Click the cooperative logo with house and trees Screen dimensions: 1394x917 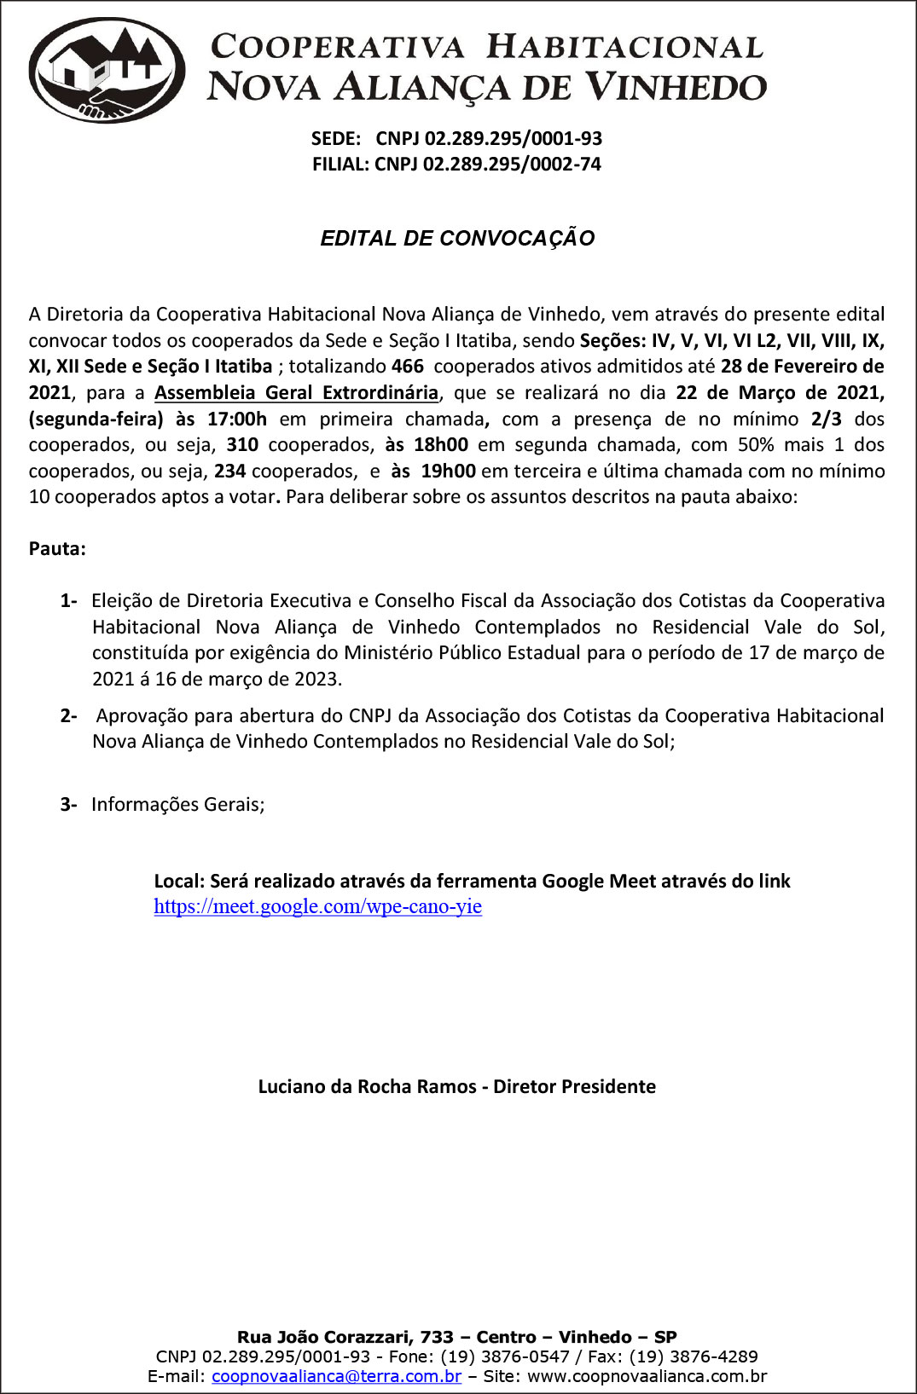tap(107, 70)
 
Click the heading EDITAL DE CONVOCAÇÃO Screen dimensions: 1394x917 tap(457, 239)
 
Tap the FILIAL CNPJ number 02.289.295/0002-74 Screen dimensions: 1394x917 tap(512, 164)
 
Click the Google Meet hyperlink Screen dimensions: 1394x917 tap(317, 906)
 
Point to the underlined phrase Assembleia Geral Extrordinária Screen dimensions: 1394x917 tap(296, 393)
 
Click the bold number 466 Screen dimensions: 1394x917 tap(407, 367)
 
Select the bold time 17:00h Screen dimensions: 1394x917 tap(237, 419)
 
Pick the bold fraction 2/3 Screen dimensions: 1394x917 tap(826, 419)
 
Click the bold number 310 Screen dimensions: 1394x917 tap(242, 445)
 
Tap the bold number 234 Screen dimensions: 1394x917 tap(229, 471)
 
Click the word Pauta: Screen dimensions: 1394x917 tap(57, 549)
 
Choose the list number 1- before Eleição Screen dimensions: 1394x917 tap(68, 601)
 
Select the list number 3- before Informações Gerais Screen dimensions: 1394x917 tap(68, 805)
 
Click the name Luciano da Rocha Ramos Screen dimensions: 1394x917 tap(367, 1087)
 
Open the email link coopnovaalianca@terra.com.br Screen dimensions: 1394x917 tap(336, 1376)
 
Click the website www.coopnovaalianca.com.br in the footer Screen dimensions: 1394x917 tap(647, 1376)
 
